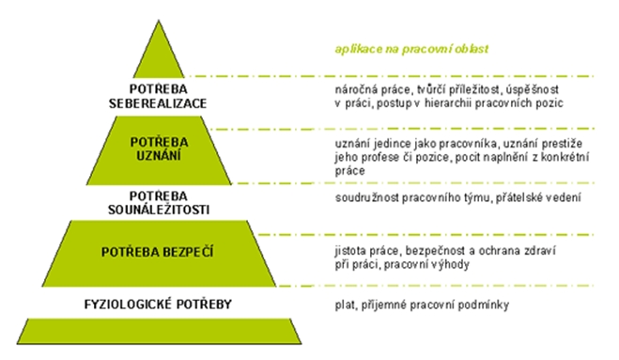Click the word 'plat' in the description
point(345,305)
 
